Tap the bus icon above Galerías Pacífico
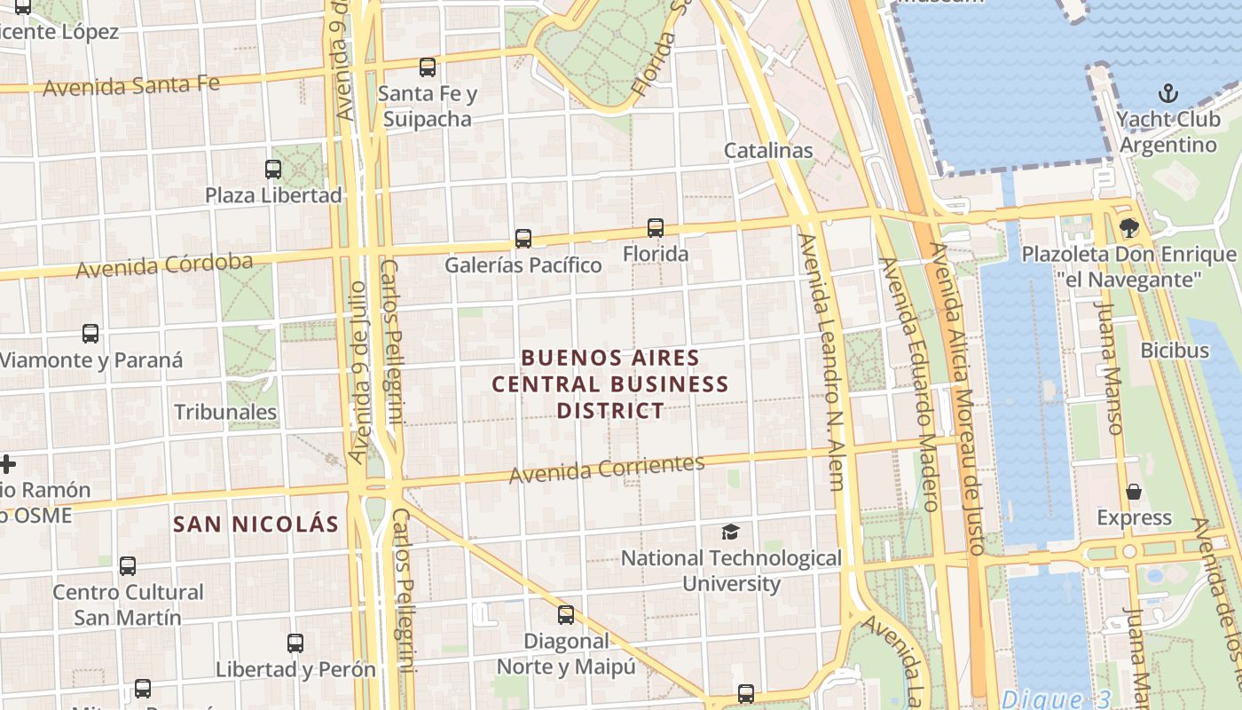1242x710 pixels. click(x=523, y=239)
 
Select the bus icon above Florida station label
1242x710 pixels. click(x=656, y=228)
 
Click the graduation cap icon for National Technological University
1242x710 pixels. click(x=730, y=532)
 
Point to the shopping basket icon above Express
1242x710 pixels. click(x=1134, y=492)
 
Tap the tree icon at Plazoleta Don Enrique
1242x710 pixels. click(x=1129, y=228)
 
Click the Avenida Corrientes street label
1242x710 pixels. click(x=607, y=469)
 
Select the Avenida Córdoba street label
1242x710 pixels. click(x=164, y=265)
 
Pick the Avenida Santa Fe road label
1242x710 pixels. click(x=130, y=86)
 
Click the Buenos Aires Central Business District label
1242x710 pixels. click(x=610, y=384)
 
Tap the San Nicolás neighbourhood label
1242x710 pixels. click(x=256, y=524)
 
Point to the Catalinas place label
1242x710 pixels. click(x=768, y=150)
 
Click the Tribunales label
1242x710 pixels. click(x=225, y=412)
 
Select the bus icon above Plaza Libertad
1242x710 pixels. click(x=273, y=169)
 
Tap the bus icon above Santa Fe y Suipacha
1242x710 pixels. click(x=428, y=67)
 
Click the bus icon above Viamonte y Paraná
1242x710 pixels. click(x=90, y=334)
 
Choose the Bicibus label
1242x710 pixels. click(x=1175, y=351)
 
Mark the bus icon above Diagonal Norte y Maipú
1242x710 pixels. click(x=566, y=614)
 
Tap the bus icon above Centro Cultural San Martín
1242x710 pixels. click(x=128, y=565)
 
